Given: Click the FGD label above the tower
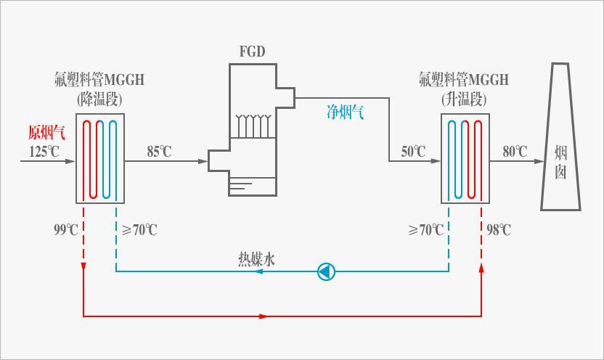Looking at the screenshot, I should point(252,52).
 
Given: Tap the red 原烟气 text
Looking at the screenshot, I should point(46,132).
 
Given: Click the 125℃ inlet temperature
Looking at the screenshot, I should point(44,152).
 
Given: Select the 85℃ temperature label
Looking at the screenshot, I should point(160,152).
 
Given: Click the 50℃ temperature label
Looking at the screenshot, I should point(414,152).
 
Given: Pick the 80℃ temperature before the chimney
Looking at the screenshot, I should point(515,152).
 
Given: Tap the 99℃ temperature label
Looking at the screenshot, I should point(66,230).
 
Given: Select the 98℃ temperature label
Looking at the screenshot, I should point(499,230).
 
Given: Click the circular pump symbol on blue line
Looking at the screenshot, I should point(327,272).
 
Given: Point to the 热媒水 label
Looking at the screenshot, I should point(257,259).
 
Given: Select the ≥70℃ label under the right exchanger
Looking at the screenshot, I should point(425,230).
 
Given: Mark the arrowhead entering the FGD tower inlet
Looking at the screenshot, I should point(204,161).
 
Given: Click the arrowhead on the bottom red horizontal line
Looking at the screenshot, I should point(263,316).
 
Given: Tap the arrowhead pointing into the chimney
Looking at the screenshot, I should point(540,161).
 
